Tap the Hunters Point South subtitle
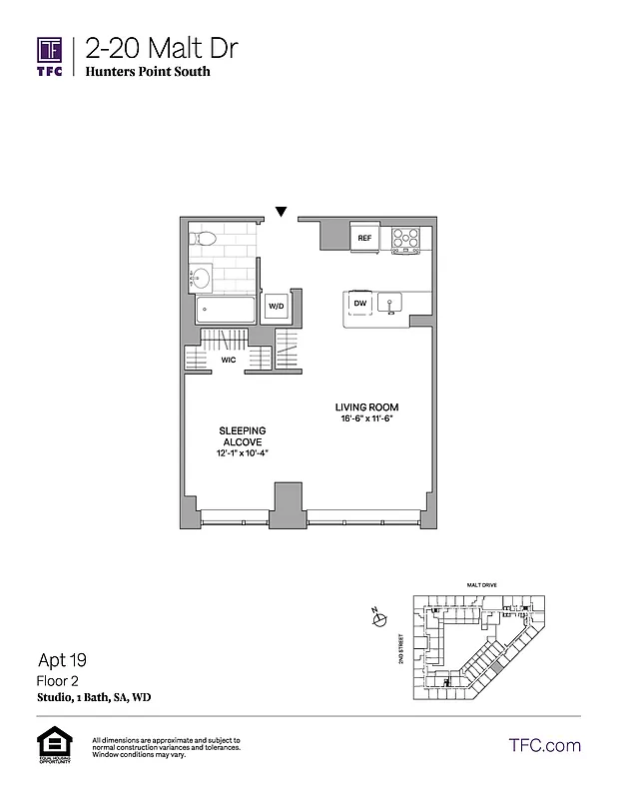(x=148, y=72)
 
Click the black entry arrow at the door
(x=282, y=212)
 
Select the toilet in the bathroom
(x=204, y=238)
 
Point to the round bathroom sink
(x=201, y=277)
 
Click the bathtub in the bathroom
(x=225, y=308)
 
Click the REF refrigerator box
(x=364, y=238)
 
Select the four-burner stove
(x=405, y=239)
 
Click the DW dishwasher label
(x=359, y=303)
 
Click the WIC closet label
(x=228, y=360)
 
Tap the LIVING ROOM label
(x=366, y=407)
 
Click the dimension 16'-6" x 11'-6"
(x=366, y=419)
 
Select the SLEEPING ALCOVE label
(x=241, y=435)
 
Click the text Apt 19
(x=63, y=659)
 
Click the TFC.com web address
(x=544, y=745)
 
